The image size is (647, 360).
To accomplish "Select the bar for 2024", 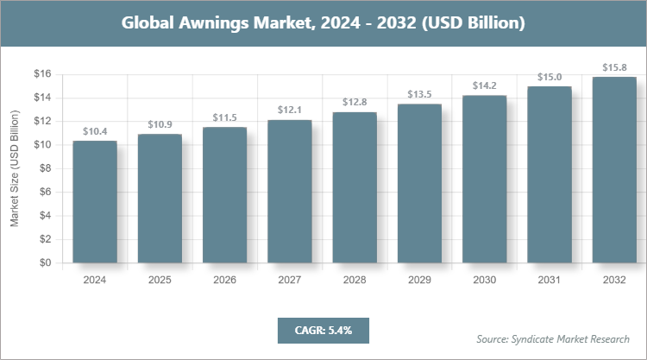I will point(95,202).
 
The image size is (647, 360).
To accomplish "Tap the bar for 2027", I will point(290,192).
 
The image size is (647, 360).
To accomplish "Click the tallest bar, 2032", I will point(614,170).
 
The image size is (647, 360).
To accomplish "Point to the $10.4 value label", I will point(95,131).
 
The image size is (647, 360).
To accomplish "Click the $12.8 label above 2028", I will point(355,103).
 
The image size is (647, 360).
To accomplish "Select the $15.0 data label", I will point(550,77).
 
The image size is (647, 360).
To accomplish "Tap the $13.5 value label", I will point(419,94).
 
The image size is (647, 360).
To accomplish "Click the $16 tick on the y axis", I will point(42,74).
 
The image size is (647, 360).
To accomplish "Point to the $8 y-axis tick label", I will point(45,169).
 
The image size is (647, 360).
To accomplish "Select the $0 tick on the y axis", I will point(45,263).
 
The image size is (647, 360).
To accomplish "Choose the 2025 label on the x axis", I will point(160,281).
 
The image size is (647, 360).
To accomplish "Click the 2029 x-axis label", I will point(419,281).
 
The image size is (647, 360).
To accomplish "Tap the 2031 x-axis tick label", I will point(550,281).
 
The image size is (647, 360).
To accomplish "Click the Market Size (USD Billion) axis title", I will point(15,169).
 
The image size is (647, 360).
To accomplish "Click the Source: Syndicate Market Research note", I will point(553,338).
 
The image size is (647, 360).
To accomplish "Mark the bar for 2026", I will point(224,195).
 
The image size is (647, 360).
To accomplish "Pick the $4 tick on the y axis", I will point(45,216).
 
